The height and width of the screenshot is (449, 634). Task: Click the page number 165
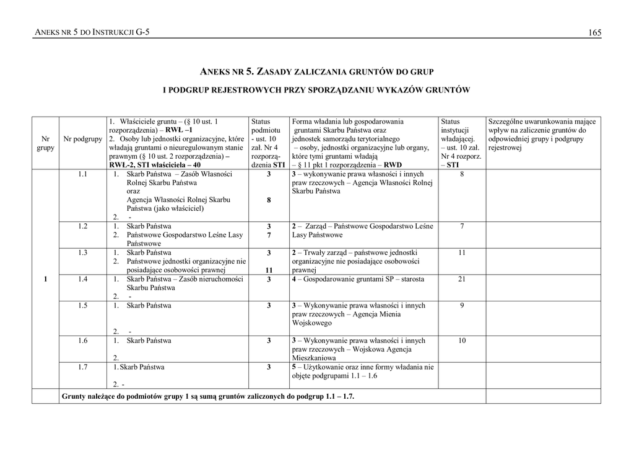pyautogui.click(x=594, y=32)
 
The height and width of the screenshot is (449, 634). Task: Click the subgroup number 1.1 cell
pyautogui.click(x=83, y=175)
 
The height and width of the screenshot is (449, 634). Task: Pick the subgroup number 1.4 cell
pyautogui.click(x=83, y=279)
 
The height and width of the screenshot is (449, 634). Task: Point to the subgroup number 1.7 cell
pyautogui.click(x=83, y=367)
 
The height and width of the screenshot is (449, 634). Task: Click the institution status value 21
pyautogui.click(x=462, y=279)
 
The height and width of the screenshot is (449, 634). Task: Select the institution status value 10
pyautogui.click(x=462, y=340)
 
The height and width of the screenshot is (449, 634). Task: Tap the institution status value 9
pyautogui.click(x=462, y=305)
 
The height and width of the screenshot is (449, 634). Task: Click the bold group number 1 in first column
pyautogui.click(x=46, y=279)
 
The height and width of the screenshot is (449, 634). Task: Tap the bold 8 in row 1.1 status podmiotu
pyautogui.click(x=269, y=200)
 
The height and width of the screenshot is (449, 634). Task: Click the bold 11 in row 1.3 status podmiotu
pyautogui.click(x=269, y=270)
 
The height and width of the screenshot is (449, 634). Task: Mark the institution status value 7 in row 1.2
pyautogui.click(x=462, y=226)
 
